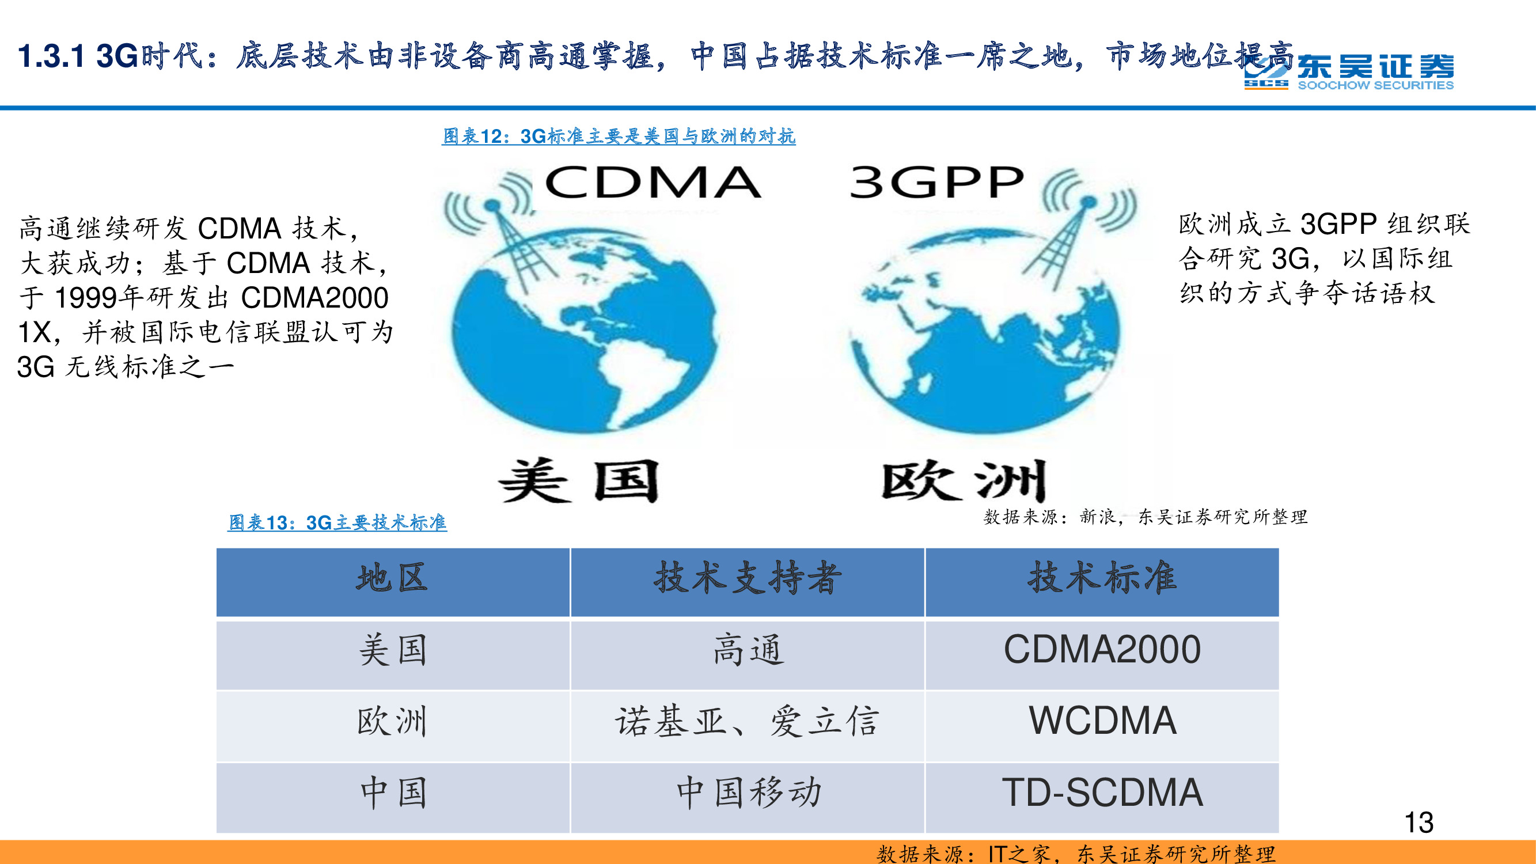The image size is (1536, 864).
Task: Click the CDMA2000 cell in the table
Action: pyautogui.click(x=1102, y=650)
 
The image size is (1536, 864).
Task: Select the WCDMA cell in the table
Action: pyautogui.click(x=1102, y=721)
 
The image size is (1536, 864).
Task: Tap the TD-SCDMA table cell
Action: pyautogui.click(x=1102, y=793)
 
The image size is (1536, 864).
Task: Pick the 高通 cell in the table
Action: pyautogui.click(x=748, y=650)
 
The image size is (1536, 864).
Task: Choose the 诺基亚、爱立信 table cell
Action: pyautogui.click(x=748, y=721)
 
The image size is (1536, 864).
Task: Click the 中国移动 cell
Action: pyautogui.click(x=748, y=793)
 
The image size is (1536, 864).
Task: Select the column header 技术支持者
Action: pyautogui.click(x=748, y=578)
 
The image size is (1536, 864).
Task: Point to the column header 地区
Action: pyautogui.click(x=392, y=578)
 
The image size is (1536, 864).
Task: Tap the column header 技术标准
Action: pyautogui.click(x=1102, y=578)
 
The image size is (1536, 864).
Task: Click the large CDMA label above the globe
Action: pyautogui.click(x=653, y=183)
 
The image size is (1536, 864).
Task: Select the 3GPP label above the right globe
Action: pyautogui.click(x=936, y=183)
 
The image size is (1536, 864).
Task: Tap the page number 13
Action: pyautogui.click(x=1419, y=823)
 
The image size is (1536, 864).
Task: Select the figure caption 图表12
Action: pyautogui.click(x=619, y=137)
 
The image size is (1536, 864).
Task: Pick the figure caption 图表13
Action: pyautogui.click(x=337, y=523)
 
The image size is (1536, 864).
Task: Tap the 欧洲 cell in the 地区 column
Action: pyautogui.click(x=392, y=721)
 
